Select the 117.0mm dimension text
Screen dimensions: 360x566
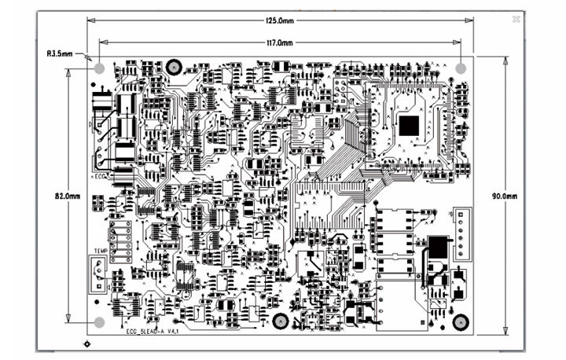tap(279, 42)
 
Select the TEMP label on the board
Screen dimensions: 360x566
tap(101, 252)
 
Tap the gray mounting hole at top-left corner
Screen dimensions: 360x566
tap(100, 68)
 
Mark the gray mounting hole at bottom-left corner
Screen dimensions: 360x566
tap(100, 321)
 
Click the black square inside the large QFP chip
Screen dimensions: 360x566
tap(410, 125)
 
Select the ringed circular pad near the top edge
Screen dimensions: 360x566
tap(175, 68)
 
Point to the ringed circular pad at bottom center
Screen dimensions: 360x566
tap(280, 321)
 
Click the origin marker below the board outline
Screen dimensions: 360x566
tap(86, 343)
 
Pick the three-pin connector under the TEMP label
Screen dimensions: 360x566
tap(97, 275)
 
